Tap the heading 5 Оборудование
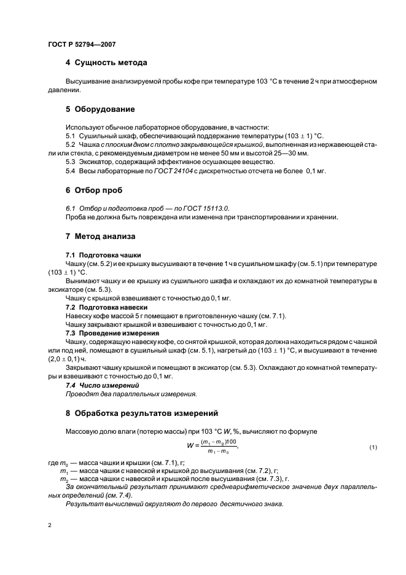tap(100, 109)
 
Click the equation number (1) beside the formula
tap(372, 447)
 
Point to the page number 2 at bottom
tap(50, 525)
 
